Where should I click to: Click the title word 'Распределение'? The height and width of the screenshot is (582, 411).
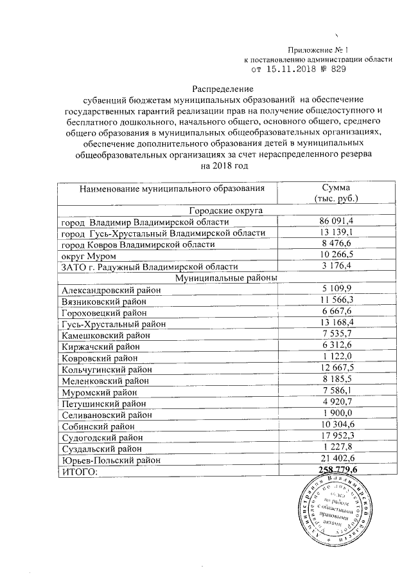click(x=223, y=88)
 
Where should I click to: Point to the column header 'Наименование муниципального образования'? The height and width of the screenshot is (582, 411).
click(x=172, y=188)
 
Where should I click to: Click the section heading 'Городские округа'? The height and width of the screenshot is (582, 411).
click(x=223, y=210)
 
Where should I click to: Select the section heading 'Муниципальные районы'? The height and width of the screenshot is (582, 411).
click(x=223, y=277)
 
